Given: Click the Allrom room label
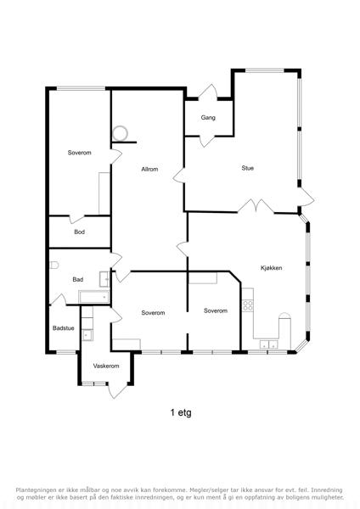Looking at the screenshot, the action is (149, 169).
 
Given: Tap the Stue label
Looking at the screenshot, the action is (248, 168).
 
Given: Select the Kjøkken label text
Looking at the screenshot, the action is (272, 268).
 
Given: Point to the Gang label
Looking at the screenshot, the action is (208, 118).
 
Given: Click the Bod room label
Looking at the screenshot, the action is (79, 232).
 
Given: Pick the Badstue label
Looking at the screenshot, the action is (64, 328).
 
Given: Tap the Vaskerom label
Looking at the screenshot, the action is (106, 366).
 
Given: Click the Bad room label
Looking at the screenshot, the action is (77, 279).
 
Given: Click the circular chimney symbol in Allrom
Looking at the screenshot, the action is (121, 133).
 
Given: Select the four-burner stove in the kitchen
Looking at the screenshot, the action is (248, 305).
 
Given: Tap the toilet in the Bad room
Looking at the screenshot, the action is (54, 266).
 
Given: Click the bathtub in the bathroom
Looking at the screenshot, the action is (94, 297).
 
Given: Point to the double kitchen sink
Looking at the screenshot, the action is (269, 344).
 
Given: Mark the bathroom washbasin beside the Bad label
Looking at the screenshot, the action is (104, 279).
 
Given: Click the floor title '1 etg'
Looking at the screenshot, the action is (181, 412).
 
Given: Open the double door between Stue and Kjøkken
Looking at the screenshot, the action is (256, 206).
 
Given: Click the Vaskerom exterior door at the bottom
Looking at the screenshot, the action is (117, 390).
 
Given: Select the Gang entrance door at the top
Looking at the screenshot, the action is (208, 92).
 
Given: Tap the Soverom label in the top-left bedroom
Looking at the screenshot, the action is (79, 153).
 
